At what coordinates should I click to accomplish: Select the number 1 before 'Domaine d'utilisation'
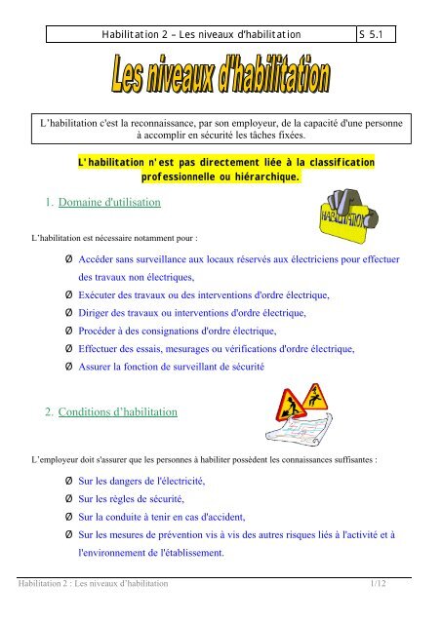[38, 204]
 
